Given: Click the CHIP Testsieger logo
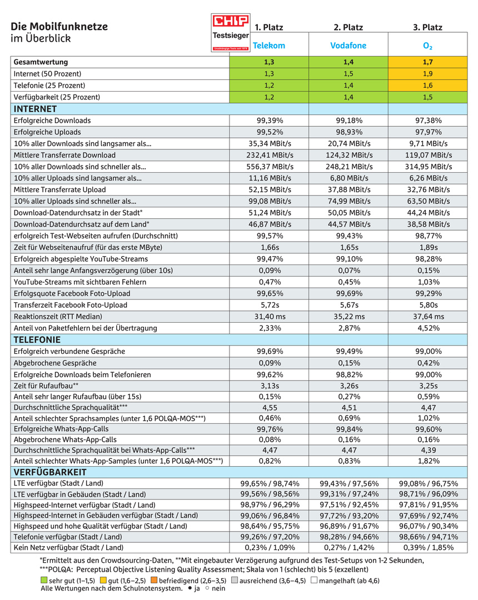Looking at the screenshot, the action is point(231,33).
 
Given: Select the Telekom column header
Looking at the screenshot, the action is point(269,46).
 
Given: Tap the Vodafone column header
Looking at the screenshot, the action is point(348,46).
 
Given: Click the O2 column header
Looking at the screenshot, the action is point(427,46).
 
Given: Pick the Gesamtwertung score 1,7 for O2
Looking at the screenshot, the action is point(427,62).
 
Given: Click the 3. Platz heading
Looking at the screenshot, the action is point(427,27).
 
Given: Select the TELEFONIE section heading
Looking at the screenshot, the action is point(37,340).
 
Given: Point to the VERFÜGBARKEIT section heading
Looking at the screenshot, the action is point(50,472).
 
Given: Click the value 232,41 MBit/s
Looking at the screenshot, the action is point(270,155).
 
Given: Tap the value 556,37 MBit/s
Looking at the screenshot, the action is point(270,167).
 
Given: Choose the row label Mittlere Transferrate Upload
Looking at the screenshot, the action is point(59,189).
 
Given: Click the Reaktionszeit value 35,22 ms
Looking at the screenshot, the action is point(349,317).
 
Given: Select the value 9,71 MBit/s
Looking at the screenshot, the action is point(428,143).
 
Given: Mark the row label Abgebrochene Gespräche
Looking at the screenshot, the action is point(55,363).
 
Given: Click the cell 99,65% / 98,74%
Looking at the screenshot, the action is point(270,483).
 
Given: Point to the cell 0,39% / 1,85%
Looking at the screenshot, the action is point(428,548).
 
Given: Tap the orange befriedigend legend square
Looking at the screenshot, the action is point(154,580).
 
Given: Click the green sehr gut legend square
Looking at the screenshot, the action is point(44,580).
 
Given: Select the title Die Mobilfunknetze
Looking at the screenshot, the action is point(59,27).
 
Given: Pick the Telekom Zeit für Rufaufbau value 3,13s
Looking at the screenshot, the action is point(270,386).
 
